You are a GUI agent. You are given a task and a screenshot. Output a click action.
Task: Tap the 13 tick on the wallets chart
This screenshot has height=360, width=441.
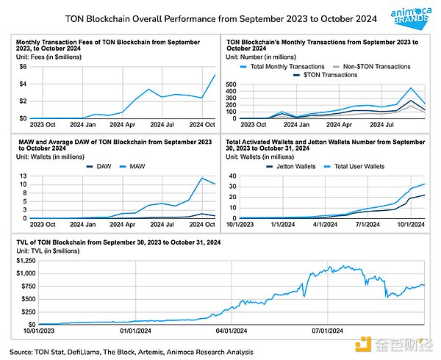click(23, 176)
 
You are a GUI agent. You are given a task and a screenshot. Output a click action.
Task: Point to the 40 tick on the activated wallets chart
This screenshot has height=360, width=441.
click(232, 176)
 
